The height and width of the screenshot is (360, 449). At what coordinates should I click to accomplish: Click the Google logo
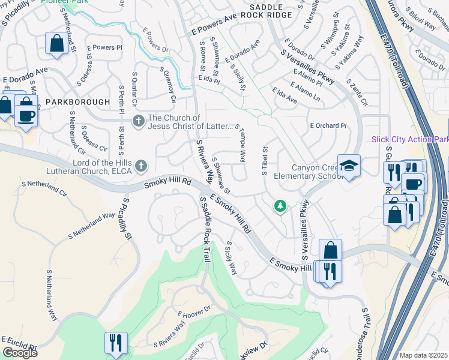point(20,353)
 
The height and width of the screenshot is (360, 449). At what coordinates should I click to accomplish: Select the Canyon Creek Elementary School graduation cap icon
point(348,166)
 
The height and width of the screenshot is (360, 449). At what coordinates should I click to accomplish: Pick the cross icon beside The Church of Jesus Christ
point(138,122)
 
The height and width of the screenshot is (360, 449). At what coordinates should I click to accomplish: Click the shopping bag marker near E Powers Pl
point(56,44)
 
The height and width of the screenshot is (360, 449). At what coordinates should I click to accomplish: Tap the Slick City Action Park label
point(410,139)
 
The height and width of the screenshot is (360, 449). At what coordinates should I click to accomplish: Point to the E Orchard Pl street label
point(328,126)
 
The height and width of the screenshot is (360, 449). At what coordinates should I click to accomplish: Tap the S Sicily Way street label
point(231,259)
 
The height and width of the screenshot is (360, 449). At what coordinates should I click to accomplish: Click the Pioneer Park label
point(64,2)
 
